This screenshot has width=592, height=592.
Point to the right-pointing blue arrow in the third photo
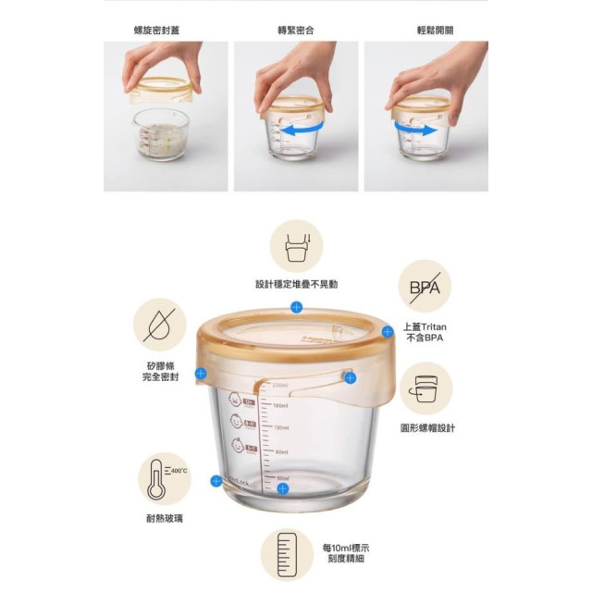click(423, 132)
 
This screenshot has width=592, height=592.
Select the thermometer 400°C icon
click(164, 478)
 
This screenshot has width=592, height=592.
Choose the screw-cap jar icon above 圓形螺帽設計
click(425, 388)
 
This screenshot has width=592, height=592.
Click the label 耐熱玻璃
click(165, 519)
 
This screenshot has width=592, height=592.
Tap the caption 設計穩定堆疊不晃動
click(296, 284)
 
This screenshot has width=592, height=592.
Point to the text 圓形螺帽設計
click(427, 428)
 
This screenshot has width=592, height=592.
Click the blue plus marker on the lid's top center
click(296, 306)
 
